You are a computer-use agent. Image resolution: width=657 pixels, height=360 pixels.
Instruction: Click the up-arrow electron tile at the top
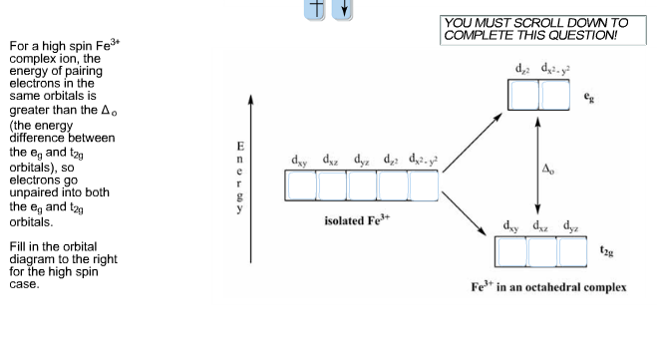[x=314, y=7]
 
